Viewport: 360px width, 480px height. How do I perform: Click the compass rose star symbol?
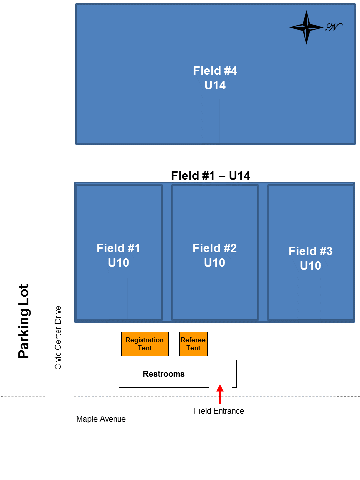pyautogui.click(x=306, y=27)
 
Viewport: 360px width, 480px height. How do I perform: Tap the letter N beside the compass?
pyautogui.click(x=333, y=27)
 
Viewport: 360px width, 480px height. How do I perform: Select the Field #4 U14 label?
pyautogui.click(x=215, y=78)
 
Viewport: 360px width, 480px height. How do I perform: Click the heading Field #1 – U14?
pyautogui.click(x=210, y=176)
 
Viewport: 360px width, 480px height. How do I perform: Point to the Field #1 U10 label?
pyautogui.click(x=118, y=255)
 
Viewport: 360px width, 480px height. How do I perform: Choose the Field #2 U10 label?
pyautogui.click(x=215, y=255)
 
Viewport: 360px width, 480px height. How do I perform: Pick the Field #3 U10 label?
pyautogui.click(x=310, y=258)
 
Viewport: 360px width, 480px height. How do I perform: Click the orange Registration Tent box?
pyautogui.click(x=145, y=344)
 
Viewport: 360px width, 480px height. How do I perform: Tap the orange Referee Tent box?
pyautogui.click(x=193, y=344)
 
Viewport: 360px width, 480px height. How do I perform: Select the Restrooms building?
pyautogui.click(x=164, y=373)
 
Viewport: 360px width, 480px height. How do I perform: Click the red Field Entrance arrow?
pyautogui.click(x=220, y=393)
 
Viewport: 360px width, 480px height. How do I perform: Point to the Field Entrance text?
pyautogui.click(x=219, y=411)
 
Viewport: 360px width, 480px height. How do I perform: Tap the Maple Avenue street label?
pyautogui.click(x=101, y=419)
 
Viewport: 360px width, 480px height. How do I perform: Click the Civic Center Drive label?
pyautogui.click(x=58, y=337)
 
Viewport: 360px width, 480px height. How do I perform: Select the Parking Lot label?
pyautogui.click(x=24, y=321)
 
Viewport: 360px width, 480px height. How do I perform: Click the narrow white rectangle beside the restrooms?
pyautogui.click(x=234, y=373)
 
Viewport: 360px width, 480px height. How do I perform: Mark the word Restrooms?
pyautogui.click(x=164, y=374)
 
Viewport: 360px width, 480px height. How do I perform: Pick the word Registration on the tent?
pyautogui.click(x=145, y=340)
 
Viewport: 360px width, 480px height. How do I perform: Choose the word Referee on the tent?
pyautogui.click(x=193, y=340)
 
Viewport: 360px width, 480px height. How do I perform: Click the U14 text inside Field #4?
pyautogui.click(x=215, y=85)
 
